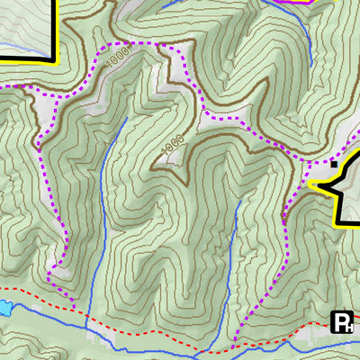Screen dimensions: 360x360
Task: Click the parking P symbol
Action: coord(342,322)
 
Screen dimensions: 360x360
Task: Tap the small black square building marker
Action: coord(334,164)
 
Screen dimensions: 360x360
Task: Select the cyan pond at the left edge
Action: coord(4,308)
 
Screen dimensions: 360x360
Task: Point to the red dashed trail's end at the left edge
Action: coord(2,290)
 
